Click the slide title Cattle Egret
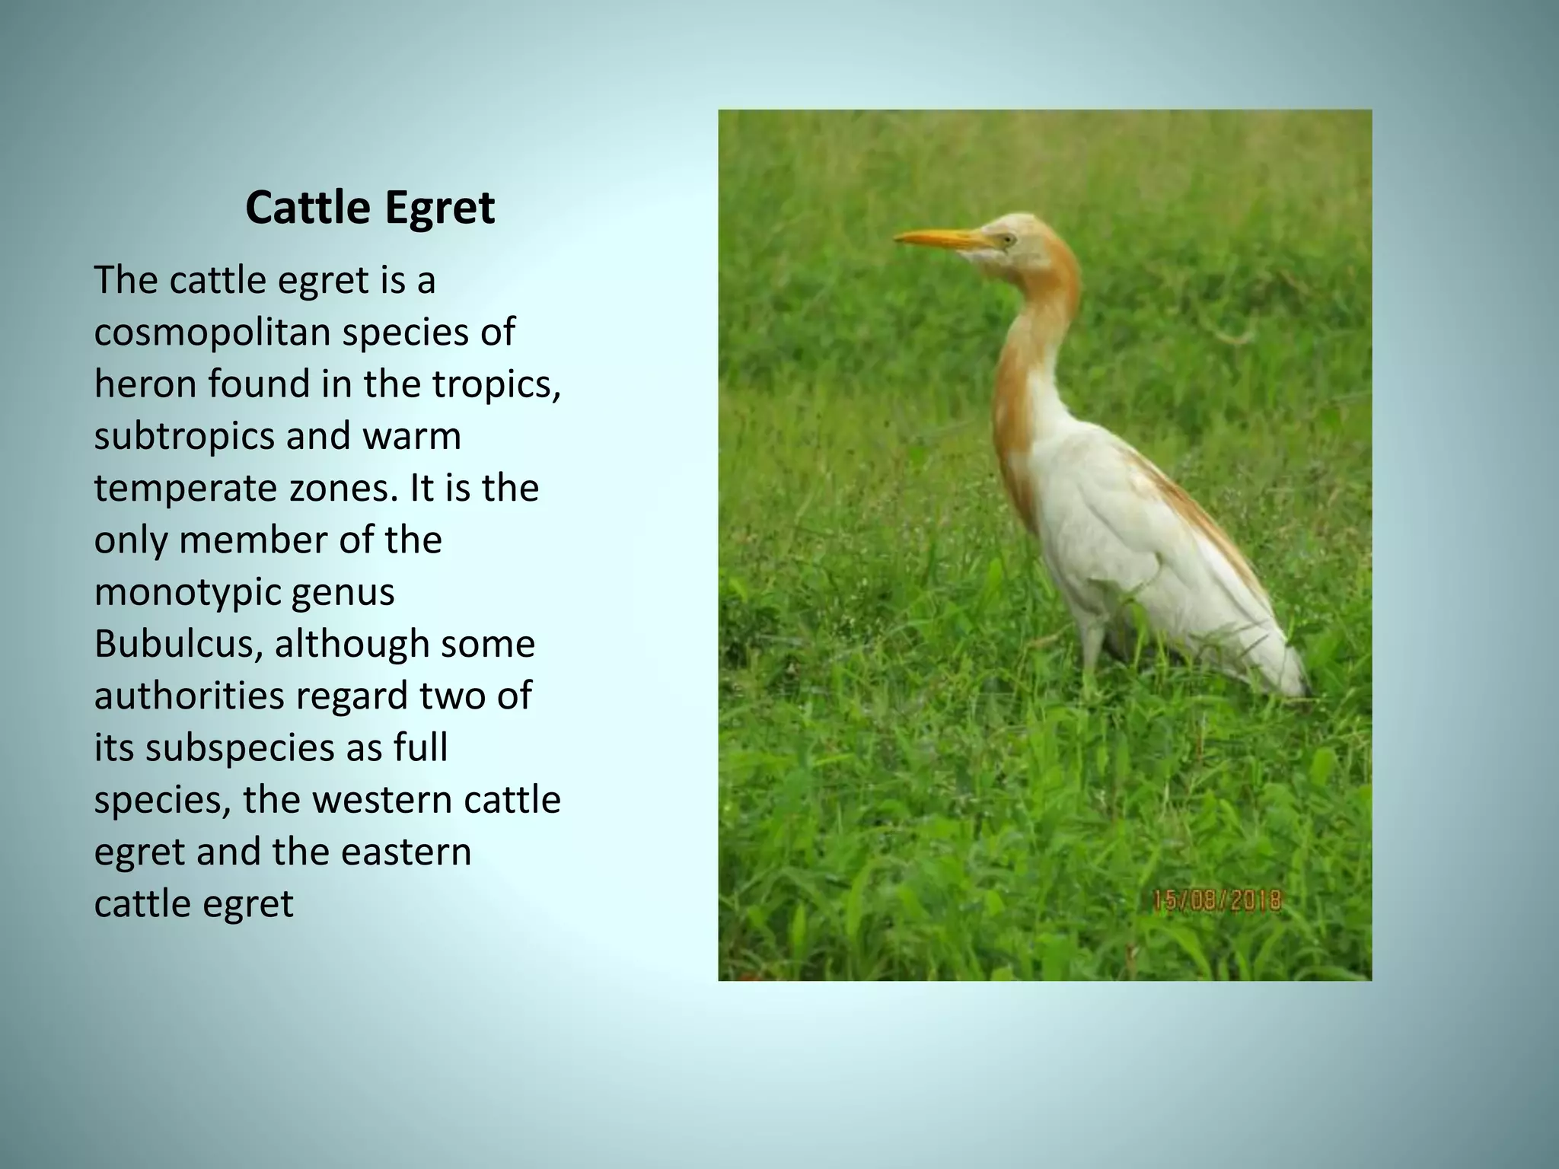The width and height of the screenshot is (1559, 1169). pos(370,208)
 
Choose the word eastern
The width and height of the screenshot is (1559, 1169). pos(406,852)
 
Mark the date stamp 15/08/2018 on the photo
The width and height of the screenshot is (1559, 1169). pos(1216,901)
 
